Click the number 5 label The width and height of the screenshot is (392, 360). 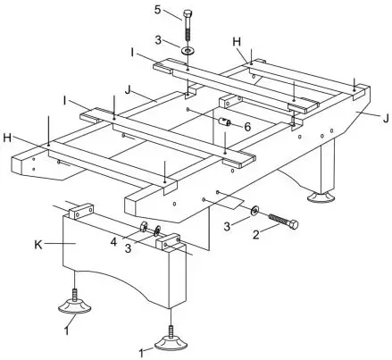(158, 11)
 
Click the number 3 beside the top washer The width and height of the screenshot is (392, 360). (158, 41)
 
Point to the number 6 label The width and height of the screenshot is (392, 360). (248, 129)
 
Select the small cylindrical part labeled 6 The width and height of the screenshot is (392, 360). (227, 121)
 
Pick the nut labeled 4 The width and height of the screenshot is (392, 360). (142, 225)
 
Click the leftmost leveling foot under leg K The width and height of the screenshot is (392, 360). (75, 306)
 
